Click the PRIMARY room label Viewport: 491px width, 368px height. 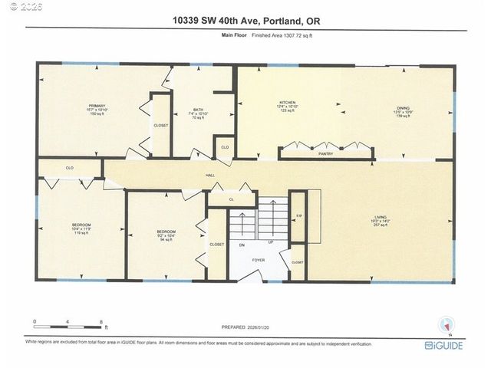[x=97, y=106]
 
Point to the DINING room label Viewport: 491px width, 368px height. [x=403, y=108]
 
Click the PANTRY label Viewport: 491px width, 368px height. [x=325, y=154]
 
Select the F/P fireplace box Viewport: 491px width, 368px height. [x=300, y=217]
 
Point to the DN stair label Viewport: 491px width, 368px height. [x=242, y=246]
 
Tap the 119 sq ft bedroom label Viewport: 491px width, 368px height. [x=80, y=228]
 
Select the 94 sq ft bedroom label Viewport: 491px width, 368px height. [x=166, y=232]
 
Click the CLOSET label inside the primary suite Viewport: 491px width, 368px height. [x=161, y=125]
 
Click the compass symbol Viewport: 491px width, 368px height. [x=446, y=325]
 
